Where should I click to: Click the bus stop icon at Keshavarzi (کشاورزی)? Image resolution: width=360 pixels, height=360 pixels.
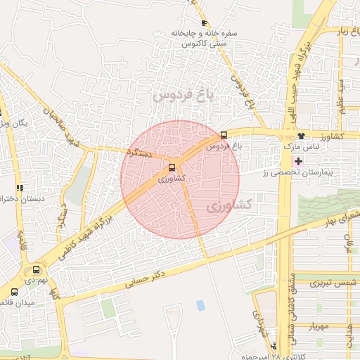pos(172,167)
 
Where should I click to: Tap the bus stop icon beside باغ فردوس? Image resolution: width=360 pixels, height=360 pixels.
pos(224,135)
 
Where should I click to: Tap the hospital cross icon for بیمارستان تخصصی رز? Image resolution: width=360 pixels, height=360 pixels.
pos(299,161)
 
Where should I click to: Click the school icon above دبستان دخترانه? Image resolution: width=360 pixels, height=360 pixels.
pos(20,188)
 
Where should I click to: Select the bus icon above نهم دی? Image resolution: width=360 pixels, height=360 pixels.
pos(37,269)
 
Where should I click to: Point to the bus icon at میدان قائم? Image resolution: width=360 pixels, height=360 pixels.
pos(14,292)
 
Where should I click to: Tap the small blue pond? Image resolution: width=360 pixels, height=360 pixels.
pos(200,305)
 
